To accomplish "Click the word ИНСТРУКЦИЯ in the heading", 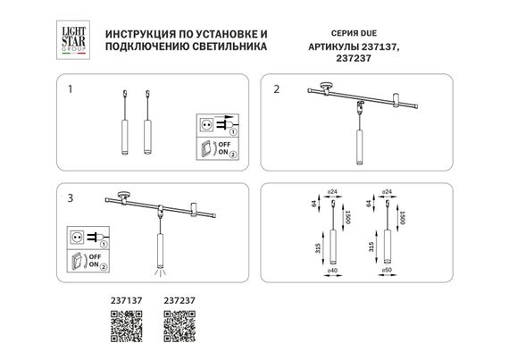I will (142, 30).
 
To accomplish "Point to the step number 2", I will (278, 88).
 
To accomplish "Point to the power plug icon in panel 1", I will (204, 123).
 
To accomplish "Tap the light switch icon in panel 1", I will (204, 149).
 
